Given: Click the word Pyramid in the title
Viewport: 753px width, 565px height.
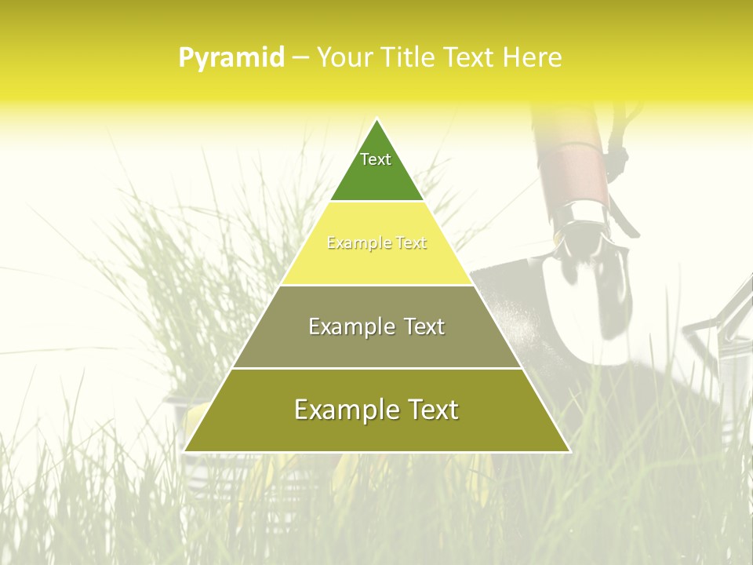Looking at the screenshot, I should [x=231, y=58].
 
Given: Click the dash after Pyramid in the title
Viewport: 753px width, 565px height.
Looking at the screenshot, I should [x=300, y=59].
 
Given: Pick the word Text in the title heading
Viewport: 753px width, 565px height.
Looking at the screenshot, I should [x=470, y=58].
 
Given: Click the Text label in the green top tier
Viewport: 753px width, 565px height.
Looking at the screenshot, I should [x=376, y=159].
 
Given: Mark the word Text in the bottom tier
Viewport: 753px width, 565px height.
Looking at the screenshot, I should [x=431, y=410].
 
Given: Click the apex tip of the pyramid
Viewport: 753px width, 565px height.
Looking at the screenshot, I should [x=376, y=119].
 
